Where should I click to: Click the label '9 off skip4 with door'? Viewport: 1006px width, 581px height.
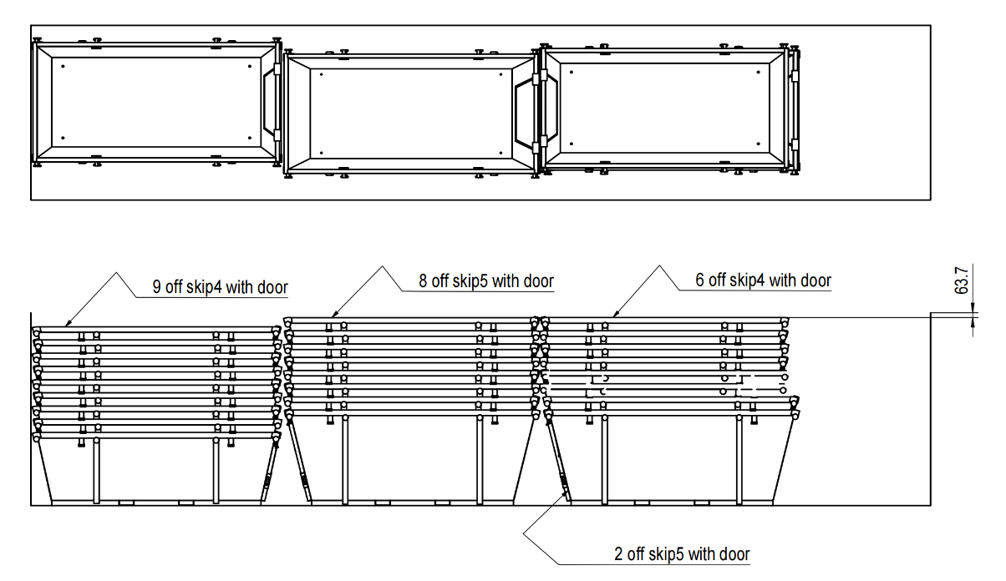click(220, 288)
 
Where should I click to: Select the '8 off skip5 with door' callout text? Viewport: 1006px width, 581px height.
click(485, 281)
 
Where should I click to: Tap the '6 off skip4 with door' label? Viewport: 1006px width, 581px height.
click(763, 280)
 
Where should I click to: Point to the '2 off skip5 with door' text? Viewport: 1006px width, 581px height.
click(682, 553)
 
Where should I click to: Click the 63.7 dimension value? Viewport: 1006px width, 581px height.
click(963, 281)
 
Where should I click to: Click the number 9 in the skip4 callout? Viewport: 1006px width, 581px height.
click(157, 288)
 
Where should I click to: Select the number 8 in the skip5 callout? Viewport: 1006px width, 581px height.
click(424, 281)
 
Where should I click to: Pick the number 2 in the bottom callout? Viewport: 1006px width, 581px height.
click(618, 553)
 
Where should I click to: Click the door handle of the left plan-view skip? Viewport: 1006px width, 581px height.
click(269, 103)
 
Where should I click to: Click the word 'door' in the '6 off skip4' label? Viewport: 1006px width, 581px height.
click(815, 280)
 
